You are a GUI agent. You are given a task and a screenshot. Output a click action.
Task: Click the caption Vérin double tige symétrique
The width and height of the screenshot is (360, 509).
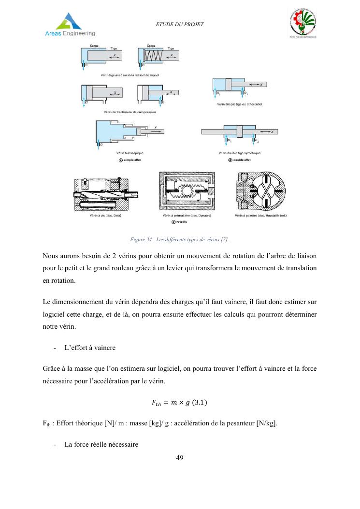(x=239, y=153)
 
